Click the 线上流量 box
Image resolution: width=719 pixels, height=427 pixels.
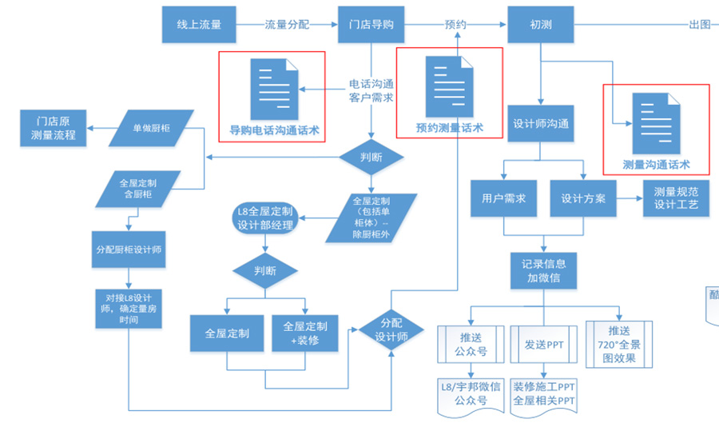tap(198, 25)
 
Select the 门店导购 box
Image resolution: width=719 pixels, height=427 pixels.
tap(371, 25)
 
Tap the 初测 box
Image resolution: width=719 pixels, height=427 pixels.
tap(541, 25)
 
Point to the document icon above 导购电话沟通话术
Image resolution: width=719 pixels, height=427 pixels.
tap(274, 86)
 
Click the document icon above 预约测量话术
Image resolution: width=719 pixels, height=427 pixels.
tap(450, 85)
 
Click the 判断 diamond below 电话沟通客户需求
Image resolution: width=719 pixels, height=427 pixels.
tap(372, 157)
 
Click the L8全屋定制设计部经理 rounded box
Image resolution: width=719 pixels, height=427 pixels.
tap(264, 218)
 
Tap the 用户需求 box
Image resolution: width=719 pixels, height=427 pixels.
tap(503, 198)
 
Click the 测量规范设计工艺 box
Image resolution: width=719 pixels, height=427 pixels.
tap(676, 198)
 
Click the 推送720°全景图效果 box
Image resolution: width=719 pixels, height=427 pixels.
tap(619, 345)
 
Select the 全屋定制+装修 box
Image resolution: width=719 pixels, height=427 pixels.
tap(304, 333)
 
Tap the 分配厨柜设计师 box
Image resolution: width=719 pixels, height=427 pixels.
tap(129, 249)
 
